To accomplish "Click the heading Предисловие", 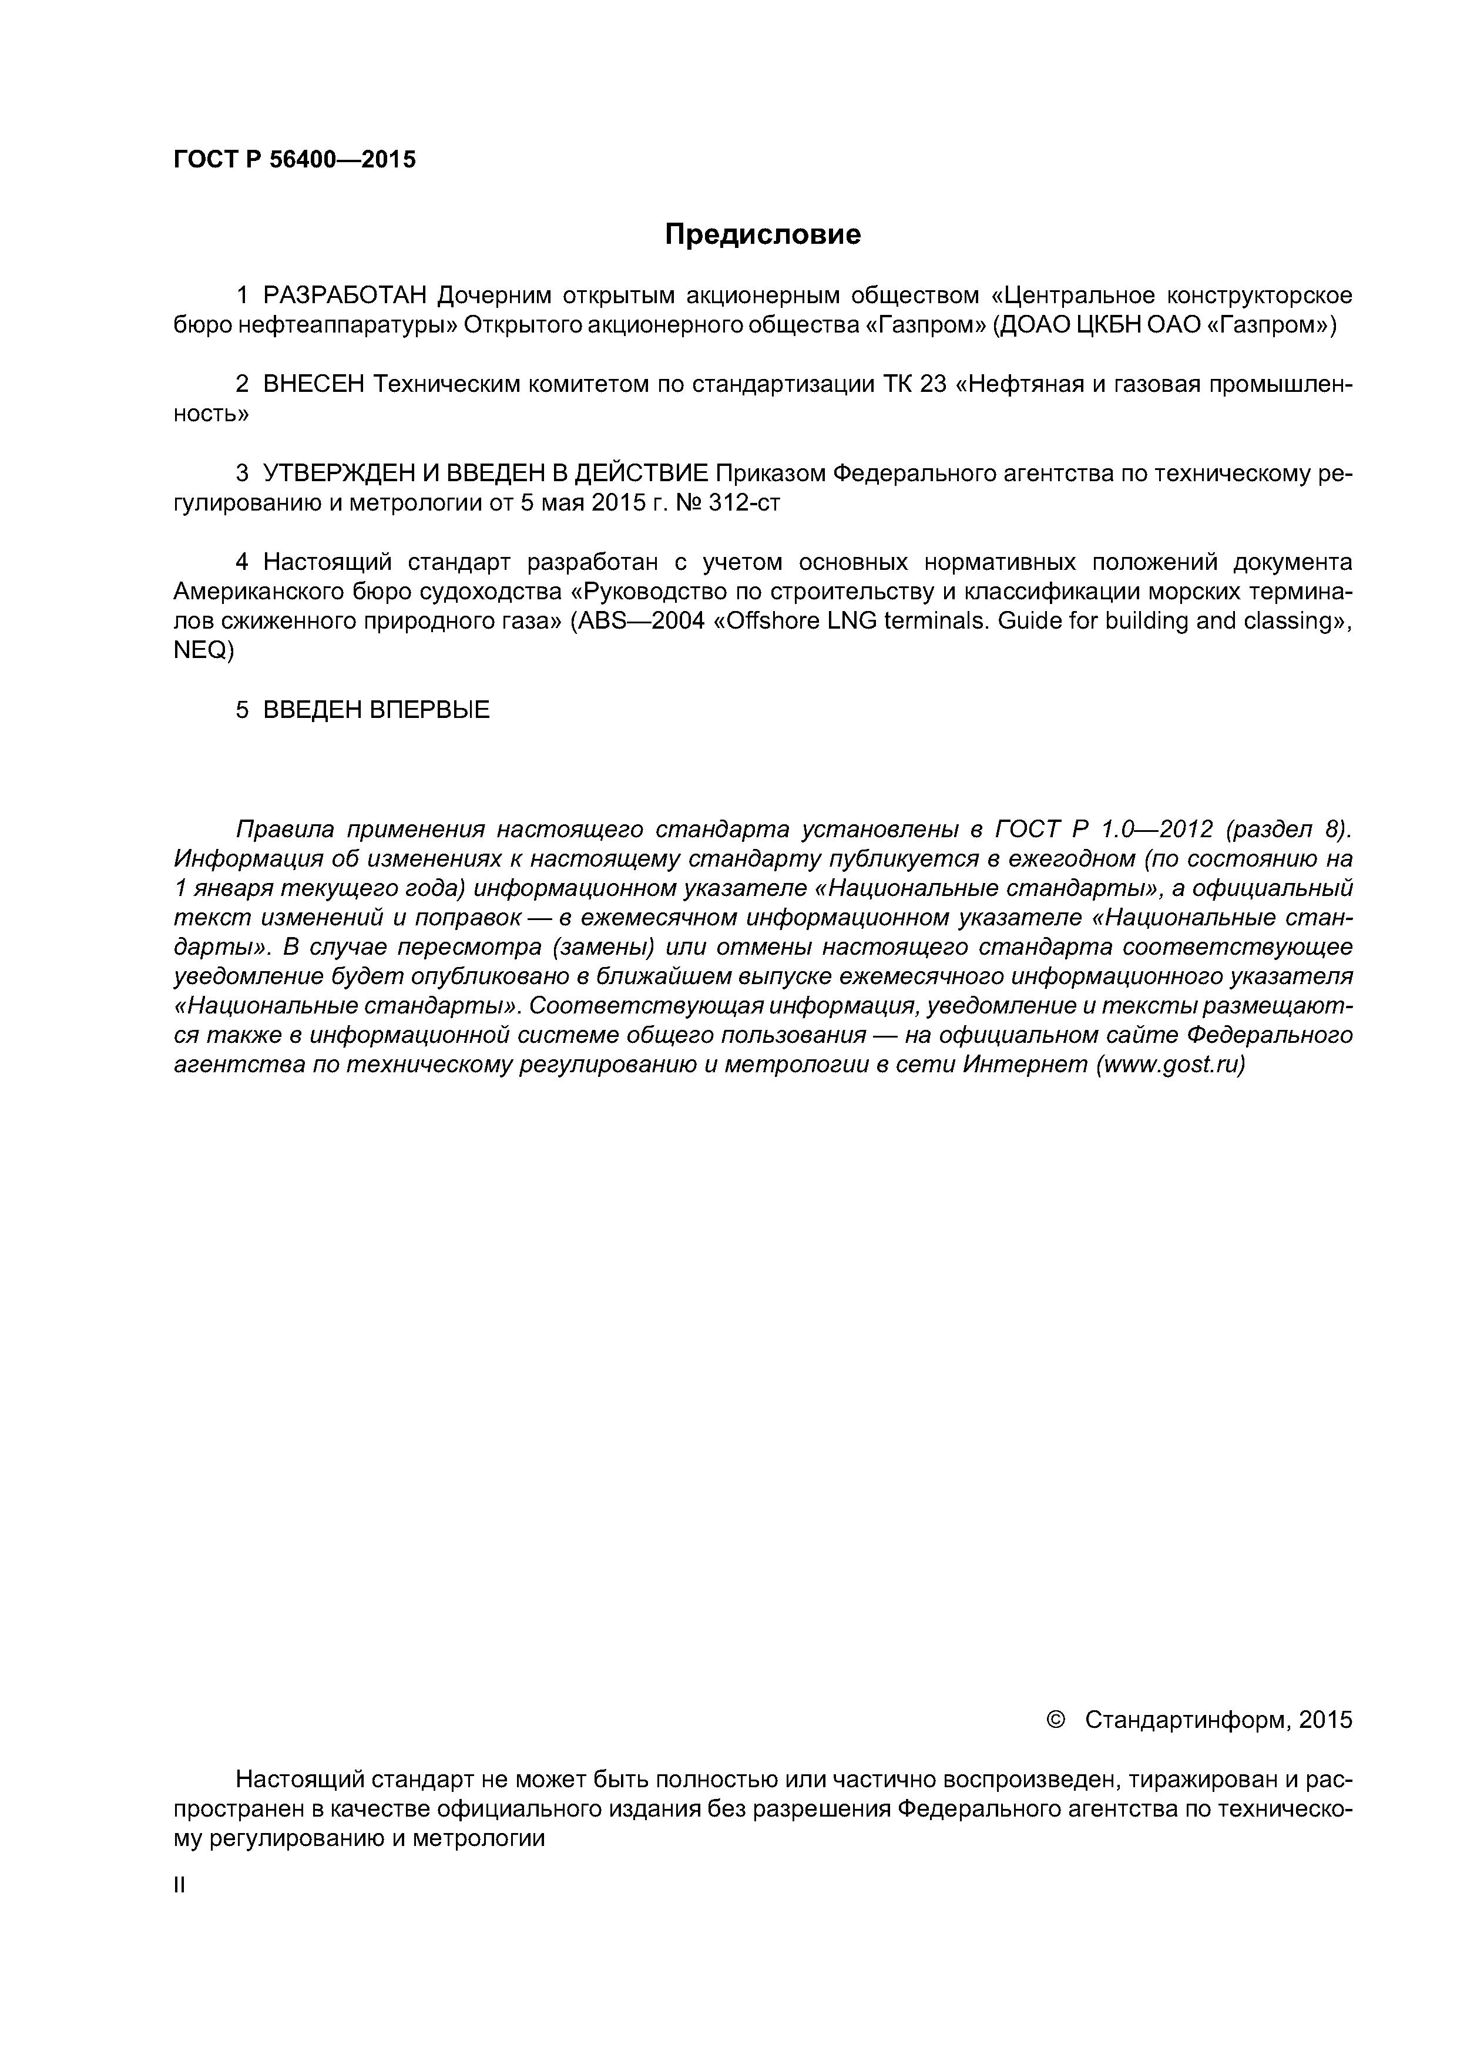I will point(762,235).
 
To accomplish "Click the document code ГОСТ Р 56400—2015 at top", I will point(294,160).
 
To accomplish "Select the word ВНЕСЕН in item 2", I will point(313,384).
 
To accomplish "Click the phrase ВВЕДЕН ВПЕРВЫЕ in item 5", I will point(376,710).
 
